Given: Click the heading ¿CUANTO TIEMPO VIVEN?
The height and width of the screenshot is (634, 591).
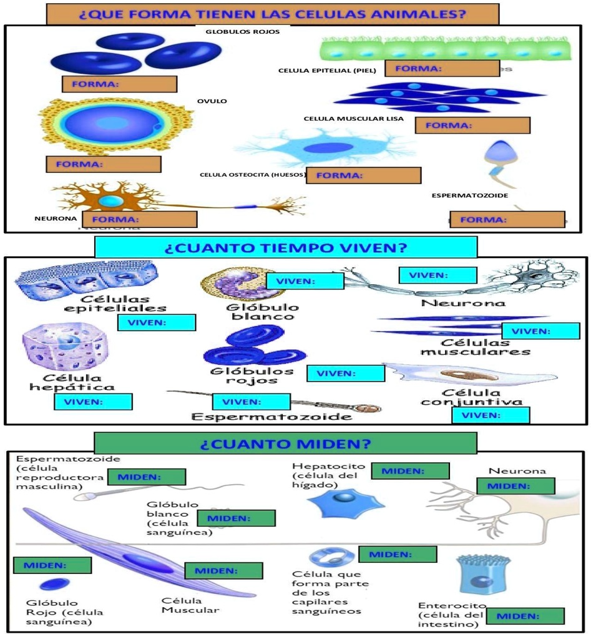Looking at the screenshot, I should [285, 247].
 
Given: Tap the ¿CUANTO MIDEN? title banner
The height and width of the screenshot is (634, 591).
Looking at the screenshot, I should [285, 443].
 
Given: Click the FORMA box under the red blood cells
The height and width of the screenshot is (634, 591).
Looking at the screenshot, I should [119, 84].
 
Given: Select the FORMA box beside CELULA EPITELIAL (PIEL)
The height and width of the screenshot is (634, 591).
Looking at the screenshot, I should [442, 69].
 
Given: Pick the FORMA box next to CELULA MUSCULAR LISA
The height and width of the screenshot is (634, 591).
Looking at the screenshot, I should [472, 125].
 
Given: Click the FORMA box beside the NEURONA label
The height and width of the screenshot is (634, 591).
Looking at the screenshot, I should [144, 219].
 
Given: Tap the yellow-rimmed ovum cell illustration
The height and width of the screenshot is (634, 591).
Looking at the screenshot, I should [114, 125].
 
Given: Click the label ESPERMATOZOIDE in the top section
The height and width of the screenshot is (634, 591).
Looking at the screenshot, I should [469, 196].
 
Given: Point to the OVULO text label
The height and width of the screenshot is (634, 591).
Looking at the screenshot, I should [212, 101].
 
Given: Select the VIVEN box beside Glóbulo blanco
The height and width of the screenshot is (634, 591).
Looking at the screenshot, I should [305, 281].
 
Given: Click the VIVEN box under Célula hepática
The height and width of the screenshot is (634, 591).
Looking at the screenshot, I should [93, 402].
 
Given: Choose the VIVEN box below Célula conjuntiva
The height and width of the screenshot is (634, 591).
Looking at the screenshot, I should [491, 415].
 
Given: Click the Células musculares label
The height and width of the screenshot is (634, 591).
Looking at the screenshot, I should [475, 347].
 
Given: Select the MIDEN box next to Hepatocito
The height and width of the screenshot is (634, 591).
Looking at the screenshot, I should [410, 471].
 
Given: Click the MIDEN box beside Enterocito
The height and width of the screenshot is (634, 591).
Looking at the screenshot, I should [525, 616].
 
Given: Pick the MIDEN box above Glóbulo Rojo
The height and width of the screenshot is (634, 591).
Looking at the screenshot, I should [52, 565].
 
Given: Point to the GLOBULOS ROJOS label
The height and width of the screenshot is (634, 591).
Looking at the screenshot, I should [243, 31].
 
